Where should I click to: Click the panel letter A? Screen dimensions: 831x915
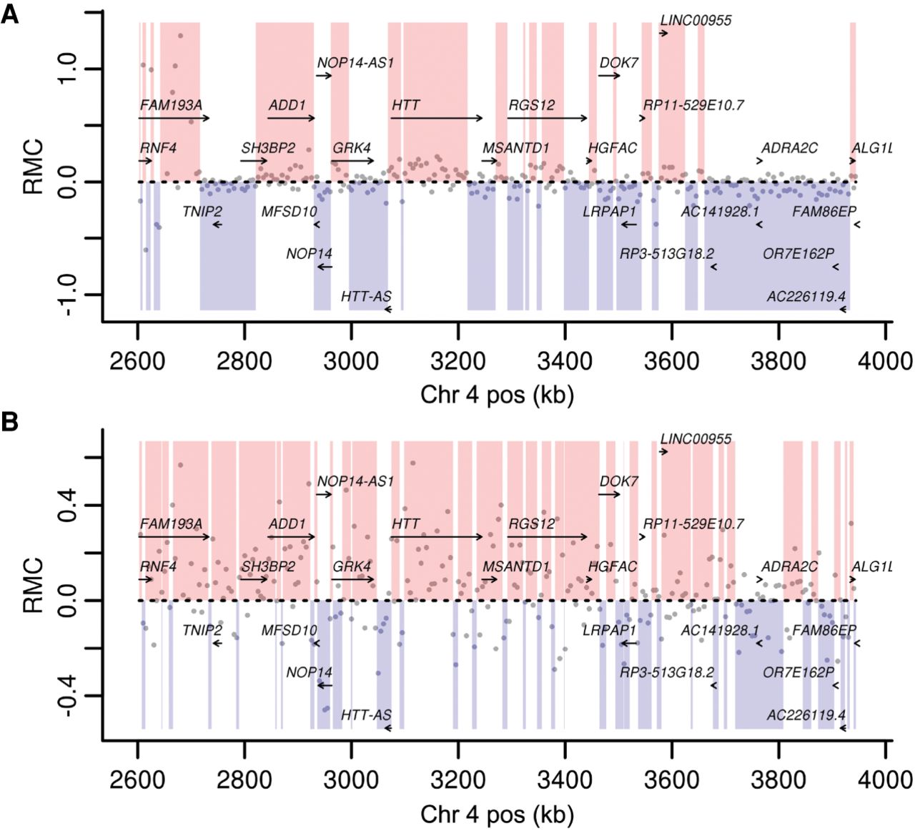click(9, 14)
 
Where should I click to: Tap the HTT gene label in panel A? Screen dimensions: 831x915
click(405, 106)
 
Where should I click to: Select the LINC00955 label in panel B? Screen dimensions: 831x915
click(696, 439)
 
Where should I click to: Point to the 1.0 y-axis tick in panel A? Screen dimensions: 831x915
click(69, 69)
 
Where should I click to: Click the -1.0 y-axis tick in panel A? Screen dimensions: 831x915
click(69, 295)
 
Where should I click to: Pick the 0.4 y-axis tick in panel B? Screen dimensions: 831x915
click(69, 506)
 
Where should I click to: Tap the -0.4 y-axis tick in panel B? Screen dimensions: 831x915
click(69, 697)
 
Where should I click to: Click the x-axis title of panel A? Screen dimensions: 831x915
click(497, 395)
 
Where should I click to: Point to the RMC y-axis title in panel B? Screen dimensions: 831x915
click(33, 586)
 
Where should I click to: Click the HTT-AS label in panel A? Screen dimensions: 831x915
click(366, 296)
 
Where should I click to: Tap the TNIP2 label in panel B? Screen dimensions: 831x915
click(202, 630)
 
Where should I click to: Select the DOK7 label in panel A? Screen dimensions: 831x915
click(618, 63)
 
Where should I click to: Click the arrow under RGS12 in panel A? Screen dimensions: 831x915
click(547, 119)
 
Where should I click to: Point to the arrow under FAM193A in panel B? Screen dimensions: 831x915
click(174, 537)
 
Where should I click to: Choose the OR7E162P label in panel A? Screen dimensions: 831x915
click(798, 254)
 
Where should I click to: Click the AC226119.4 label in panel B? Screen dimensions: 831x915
click(806, 715)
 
